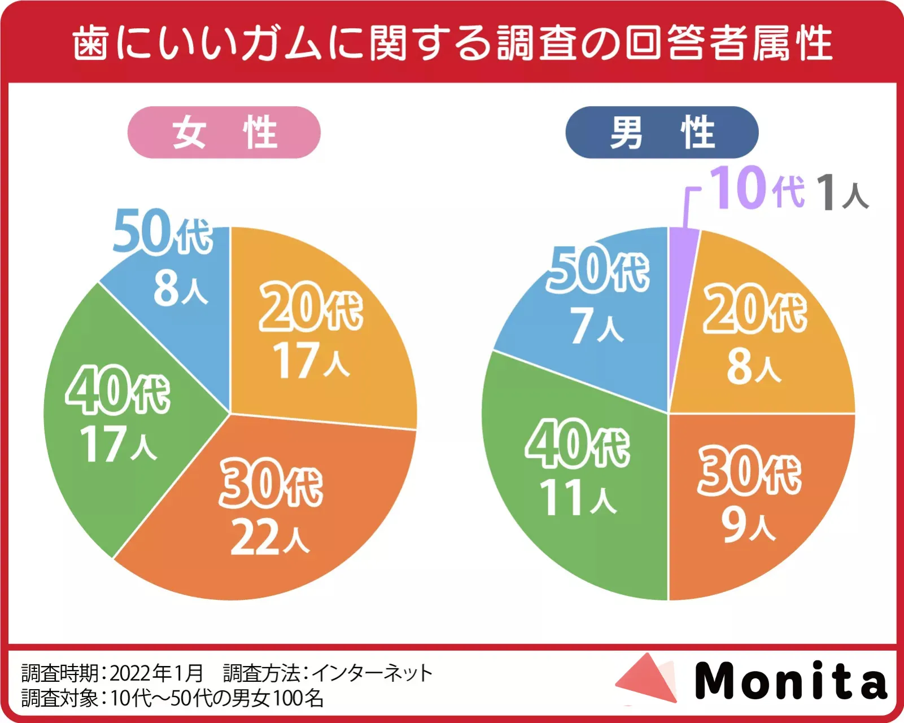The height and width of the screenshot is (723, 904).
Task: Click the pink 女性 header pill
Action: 224,133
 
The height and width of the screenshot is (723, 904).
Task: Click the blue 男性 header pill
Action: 662,133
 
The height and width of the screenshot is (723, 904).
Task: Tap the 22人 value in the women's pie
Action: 270,537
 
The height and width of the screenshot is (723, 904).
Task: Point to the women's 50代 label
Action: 163,232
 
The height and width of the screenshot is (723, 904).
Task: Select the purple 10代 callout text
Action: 757,189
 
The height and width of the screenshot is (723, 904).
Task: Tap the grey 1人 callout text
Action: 842,192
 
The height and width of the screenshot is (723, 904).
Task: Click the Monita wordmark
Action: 791,681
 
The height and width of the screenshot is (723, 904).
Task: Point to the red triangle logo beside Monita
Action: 647,679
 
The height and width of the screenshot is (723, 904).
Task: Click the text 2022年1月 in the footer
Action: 156,673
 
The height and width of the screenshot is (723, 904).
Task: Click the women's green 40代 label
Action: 118,390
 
